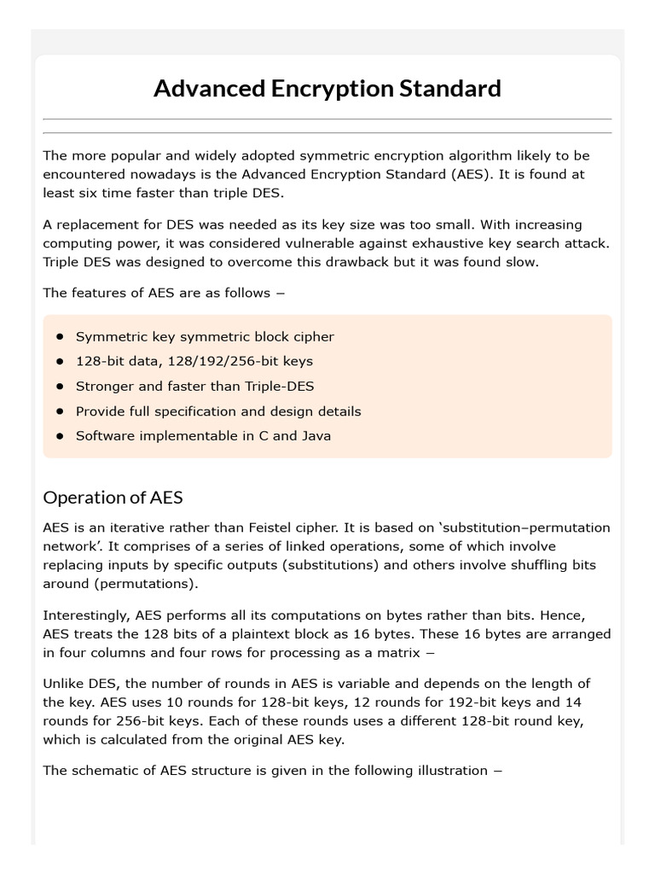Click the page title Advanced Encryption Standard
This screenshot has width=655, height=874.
(x=327, y=89)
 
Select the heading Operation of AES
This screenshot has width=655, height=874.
(x=113, y=498)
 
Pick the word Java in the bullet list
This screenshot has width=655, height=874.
(x=316, y=435)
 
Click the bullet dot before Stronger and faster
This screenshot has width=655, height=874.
(x=60, y=386)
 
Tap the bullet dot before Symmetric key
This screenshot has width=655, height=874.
(x=60, y=336)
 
